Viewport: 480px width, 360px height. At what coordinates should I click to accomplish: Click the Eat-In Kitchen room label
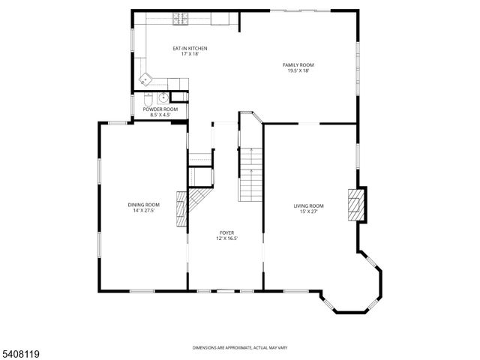tap(190, 49)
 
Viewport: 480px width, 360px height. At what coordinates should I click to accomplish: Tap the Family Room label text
tap(298, 65)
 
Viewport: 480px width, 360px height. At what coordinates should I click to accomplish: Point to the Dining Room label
tap(143, 205)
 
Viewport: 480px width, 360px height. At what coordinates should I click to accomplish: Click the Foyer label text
tap(226, 233)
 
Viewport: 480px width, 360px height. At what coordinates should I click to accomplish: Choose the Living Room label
tap(308, 205)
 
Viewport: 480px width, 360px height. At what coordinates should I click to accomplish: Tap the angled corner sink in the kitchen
tap(147, 78)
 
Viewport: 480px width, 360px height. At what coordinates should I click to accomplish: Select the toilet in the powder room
tap(148, 99)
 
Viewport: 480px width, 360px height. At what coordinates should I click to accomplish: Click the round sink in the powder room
tap(163, 97)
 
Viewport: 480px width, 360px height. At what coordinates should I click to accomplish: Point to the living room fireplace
tap(356, 205)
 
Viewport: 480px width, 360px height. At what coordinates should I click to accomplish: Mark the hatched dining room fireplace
tap(180, 210)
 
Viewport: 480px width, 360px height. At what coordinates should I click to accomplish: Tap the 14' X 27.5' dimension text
tap(143, 211)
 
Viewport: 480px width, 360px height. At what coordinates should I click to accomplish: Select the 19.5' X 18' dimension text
tap(298, 71)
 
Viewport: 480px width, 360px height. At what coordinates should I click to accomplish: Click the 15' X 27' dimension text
tap(308, 211)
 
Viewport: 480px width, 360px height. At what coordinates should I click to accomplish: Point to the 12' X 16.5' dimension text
tap(226, 239)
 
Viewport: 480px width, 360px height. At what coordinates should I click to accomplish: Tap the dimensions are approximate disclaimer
tap(240, 347)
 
